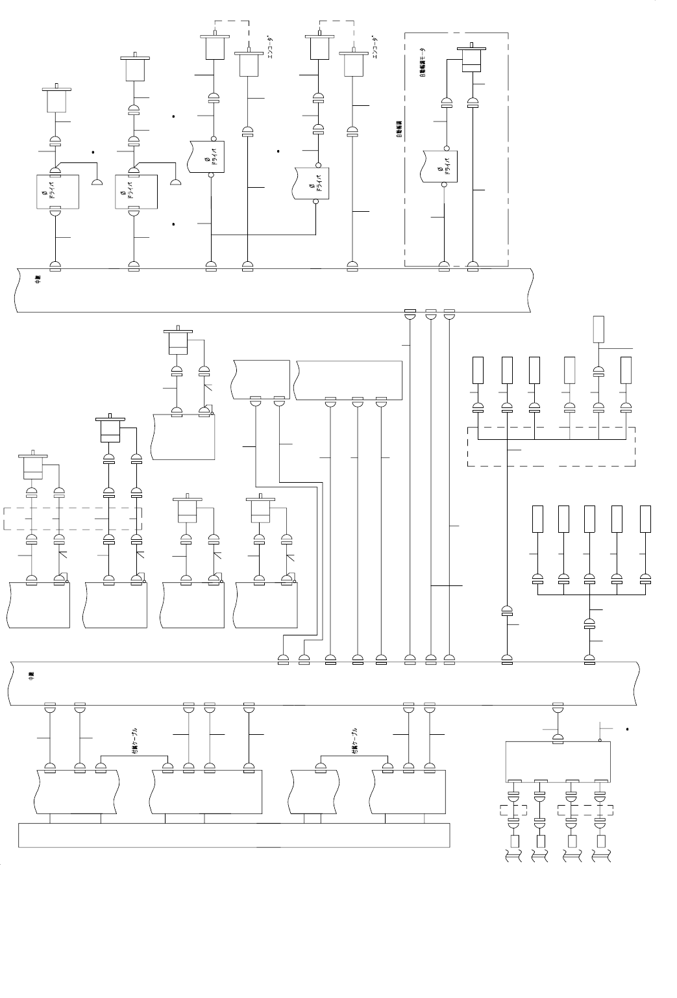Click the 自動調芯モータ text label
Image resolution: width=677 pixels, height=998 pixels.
click(x=423, y=63)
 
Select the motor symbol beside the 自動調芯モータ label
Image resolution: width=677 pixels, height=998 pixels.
click(x=472, y=58)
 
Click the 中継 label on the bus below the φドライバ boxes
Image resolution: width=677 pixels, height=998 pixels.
click(x=37, y=281)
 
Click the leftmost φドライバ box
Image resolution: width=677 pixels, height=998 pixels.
click(x=56, y=192)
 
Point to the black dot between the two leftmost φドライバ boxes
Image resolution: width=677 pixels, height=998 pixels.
click(x=93, y=153)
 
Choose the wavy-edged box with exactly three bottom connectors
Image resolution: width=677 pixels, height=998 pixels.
click(x=349, y=380)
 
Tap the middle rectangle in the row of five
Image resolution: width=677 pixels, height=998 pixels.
click(x=589, y=519)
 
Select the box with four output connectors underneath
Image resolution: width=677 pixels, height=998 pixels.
click(x=557, y=761)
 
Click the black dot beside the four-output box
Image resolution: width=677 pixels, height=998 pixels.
click(x=628, y=730)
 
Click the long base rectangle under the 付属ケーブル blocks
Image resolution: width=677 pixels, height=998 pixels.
click(x=234, y=835)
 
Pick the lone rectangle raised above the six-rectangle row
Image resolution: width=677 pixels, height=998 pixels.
click(x=598, y=329)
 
